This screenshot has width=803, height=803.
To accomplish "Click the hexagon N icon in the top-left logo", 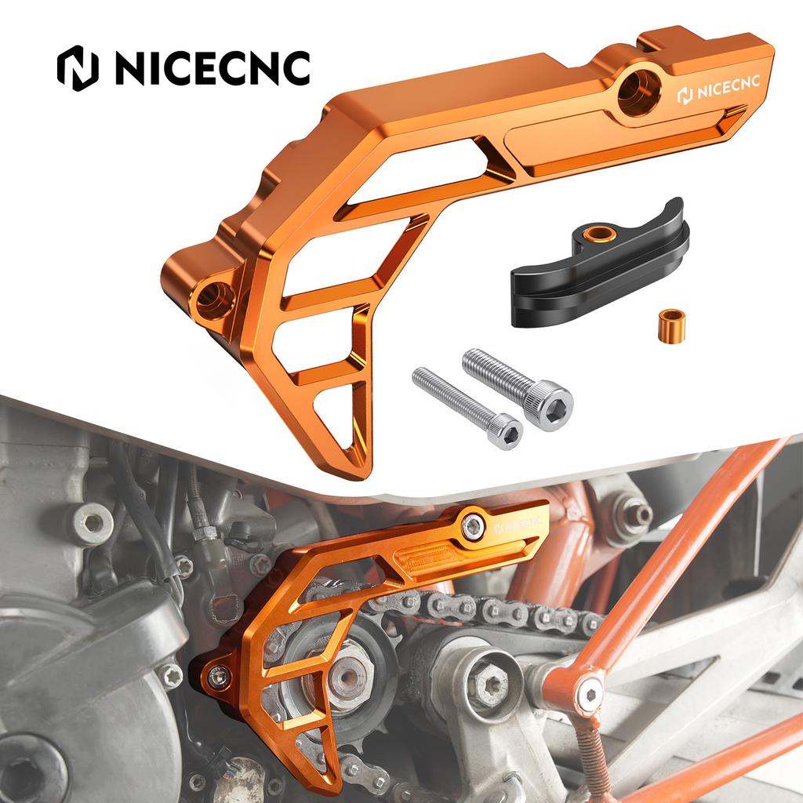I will [x=77, y=70].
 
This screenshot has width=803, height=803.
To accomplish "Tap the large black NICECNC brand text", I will [x=212, y=70].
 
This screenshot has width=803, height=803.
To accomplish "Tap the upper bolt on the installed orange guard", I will [x=472, y=525].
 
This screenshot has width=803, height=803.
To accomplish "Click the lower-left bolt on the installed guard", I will [x=219, y=674].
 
